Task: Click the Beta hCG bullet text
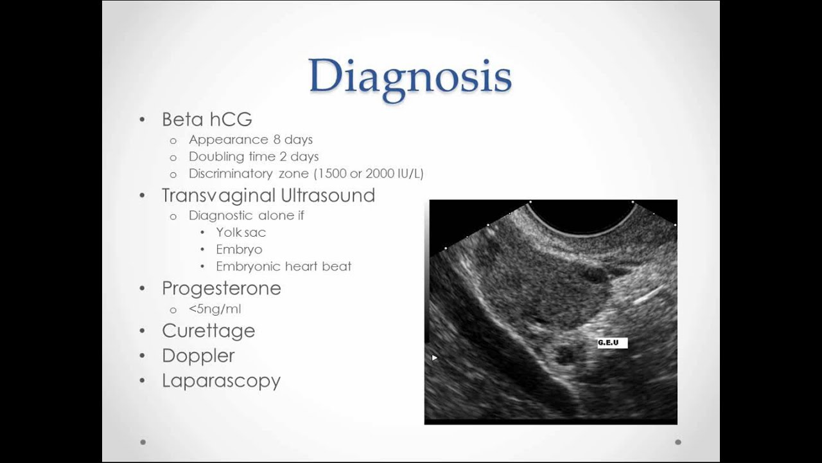(x=207, y=120)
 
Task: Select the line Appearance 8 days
(x=250, y=140)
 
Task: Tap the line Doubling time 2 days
(x=254, y=156)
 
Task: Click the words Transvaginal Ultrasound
(x=268, y=195)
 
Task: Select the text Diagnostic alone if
(x=247, y=215)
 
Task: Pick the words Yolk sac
(x=241, y=232)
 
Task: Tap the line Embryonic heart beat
(x=283, y=266)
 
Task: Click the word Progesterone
(x=222, y=288)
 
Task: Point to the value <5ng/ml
(x=215, y=309)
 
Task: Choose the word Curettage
(x=209, y=331)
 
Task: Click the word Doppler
(x=198, y=356)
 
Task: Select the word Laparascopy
(x=222, y=381)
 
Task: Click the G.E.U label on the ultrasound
(x=609, y=343)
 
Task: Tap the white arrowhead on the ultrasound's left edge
(x=435, y=358)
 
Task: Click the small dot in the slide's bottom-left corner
(x=143, y=442)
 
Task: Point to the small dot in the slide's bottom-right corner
(x=678, y=442)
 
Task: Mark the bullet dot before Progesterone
(x=143, y=289)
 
